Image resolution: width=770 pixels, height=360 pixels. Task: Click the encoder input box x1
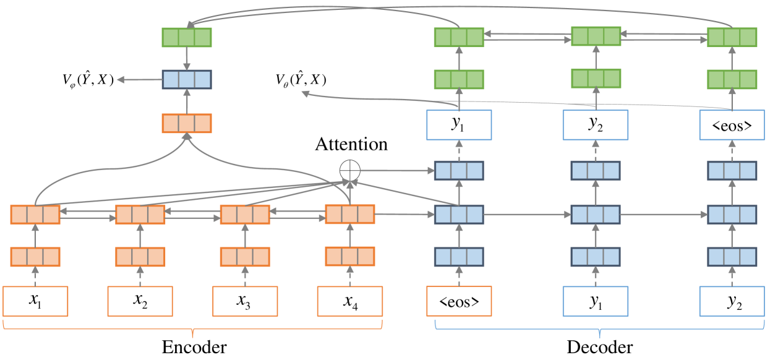click(35, 301)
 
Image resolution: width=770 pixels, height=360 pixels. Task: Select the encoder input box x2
click(140, 301)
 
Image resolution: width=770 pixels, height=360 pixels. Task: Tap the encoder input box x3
click(245, 301)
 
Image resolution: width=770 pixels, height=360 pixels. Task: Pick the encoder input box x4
click(350, 301)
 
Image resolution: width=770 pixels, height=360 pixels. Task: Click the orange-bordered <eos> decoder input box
click(459, 301)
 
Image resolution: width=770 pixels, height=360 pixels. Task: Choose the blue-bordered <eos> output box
click(732, 125)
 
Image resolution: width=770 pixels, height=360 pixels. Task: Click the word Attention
click(351, 145)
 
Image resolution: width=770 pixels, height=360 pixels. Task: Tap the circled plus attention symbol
click(349, 169)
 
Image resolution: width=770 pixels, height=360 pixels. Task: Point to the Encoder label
click(194, 347)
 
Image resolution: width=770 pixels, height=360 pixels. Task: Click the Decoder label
click(599, 347)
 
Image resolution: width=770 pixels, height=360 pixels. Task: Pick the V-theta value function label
click(301, 80)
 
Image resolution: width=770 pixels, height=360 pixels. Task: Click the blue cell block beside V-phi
click(187, 80)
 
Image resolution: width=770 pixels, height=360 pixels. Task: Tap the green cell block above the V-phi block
click(187, 38)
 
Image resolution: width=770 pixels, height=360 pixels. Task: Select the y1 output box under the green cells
click(459, 125)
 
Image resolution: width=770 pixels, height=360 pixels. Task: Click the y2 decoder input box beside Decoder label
click(732, 301)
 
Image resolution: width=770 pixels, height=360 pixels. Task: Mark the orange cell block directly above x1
click(35, 256)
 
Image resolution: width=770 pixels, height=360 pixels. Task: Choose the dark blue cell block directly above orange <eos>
click(459, 256)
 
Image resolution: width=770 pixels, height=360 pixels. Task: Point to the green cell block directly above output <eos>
click(732, 79)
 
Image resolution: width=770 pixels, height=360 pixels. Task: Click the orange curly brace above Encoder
click(193, 325)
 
